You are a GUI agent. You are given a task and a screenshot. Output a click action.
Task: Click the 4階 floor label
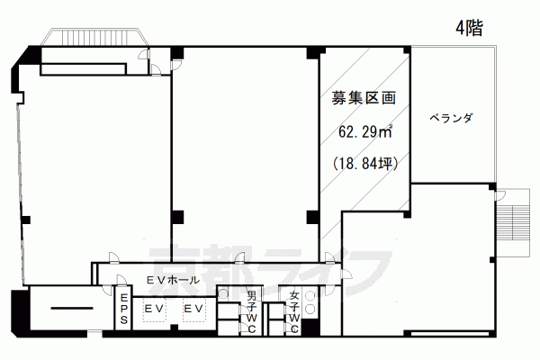coord(469,28)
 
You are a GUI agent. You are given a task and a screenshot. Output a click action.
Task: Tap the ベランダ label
coord(451,119)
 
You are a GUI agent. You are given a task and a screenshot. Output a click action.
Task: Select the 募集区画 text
coord(364,98)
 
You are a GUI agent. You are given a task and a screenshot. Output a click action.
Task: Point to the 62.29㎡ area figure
coord(365,131)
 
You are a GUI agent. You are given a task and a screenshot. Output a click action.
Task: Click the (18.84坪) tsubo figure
coord(365,163)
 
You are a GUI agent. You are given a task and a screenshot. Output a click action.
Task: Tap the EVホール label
coord(173,280)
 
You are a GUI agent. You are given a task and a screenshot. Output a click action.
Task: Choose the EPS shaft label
coord(124,309)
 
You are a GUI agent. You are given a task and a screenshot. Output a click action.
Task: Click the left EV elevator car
coord(154,309)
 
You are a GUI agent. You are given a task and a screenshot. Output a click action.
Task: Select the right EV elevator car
coord(193,309)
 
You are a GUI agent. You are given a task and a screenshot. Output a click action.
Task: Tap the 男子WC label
coord(251,312)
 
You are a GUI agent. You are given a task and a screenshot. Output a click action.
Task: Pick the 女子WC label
coord(293,312)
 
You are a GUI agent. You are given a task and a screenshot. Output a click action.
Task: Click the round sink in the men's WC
coord(223,294)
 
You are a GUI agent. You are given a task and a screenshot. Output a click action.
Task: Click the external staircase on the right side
coord(512,222)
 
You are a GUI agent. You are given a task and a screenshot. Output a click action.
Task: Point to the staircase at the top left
coord(95,37)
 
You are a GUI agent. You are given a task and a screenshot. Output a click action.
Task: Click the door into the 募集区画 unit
coord(329,257)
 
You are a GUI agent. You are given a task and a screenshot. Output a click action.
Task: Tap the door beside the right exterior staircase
coord(499,196)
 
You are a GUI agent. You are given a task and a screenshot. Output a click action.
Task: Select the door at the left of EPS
coord(108,290)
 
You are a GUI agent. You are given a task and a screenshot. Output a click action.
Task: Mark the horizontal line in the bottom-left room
coord(72,308)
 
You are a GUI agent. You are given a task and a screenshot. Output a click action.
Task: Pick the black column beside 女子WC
coord(310,328)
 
